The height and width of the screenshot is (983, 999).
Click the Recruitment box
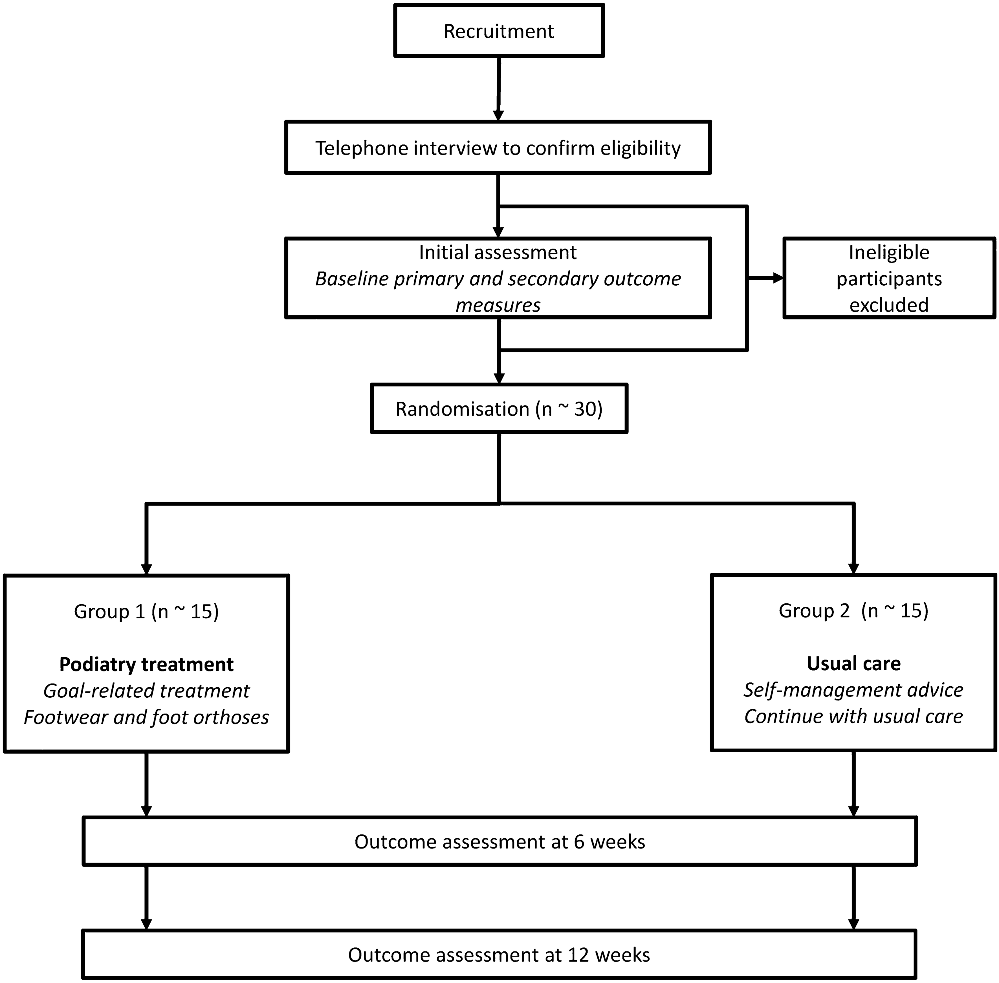[499, 31]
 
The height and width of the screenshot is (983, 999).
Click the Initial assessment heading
[498, 252]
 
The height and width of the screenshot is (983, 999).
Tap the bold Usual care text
[853, 664]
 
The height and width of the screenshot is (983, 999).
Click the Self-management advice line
[853, 690]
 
